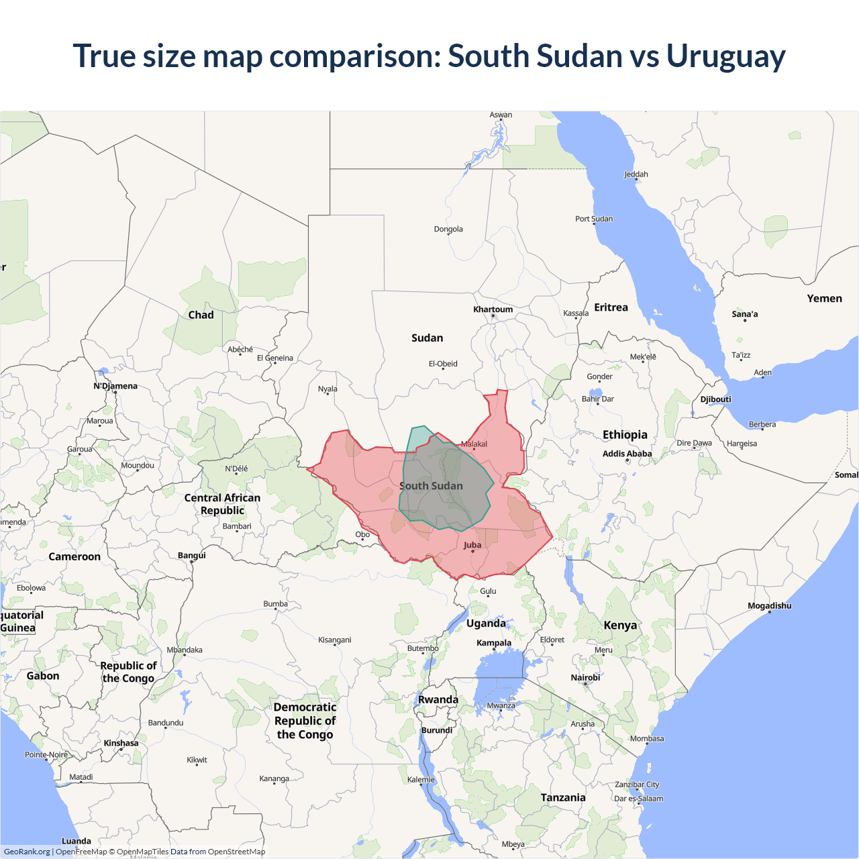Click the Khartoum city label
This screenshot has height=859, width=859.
[x=493, y=309]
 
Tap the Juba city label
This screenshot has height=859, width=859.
[x=472, y=545]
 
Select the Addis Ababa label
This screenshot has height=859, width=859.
[x=627, y=454]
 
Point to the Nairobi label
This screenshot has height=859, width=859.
[x=585, y=677]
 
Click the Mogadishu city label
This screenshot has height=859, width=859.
[x=769, y=605]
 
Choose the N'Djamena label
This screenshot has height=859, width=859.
[x=115, y=386]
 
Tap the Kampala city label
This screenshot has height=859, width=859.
[x=494, y=642]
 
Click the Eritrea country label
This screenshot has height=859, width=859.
[x=611, y=307]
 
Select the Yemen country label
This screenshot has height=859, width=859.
[x=824, y=299]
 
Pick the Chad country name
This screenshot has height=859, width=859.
[x=201, y=315]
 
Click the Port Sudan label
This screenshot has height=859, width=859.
[x=593, y=219]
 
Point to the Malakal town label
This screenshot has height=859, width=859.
[x=474, y=444]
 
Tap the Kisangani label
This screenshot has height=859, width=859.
[x=334, y=640]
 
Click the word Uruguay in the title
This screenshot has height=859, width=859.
[x=725, y=56]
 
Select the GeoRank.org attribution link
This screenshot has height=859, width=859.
[x=27, y=852]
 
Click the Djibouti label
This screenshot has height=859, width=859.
[x=715, y=399]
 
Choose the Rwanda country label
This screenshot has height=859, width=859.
[x=438, y=699]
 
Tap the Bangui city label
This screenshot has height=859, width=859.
[x=191, y=555]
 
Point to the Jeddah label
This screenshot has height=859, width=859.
[x=636, y=174]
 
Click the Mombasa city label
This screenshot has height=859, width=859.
[x=646, y=738]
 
